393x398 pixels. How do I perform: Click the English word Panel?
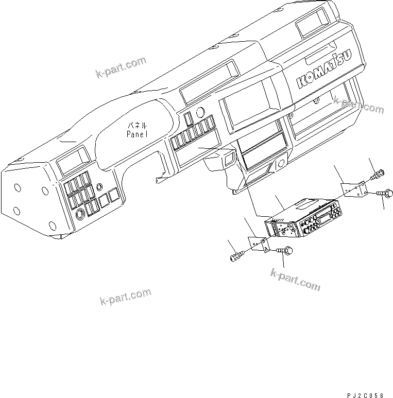coord(138,133)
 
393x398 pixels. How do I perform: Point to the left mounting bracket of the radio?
coord(259,244)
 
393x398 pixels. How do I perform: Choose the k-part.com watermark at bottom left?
coord(125,297)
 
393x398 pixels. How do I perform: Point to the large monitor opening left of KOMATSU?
coord(249,107)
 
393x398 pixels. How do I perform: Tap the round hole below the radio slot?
coord(282,165)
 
